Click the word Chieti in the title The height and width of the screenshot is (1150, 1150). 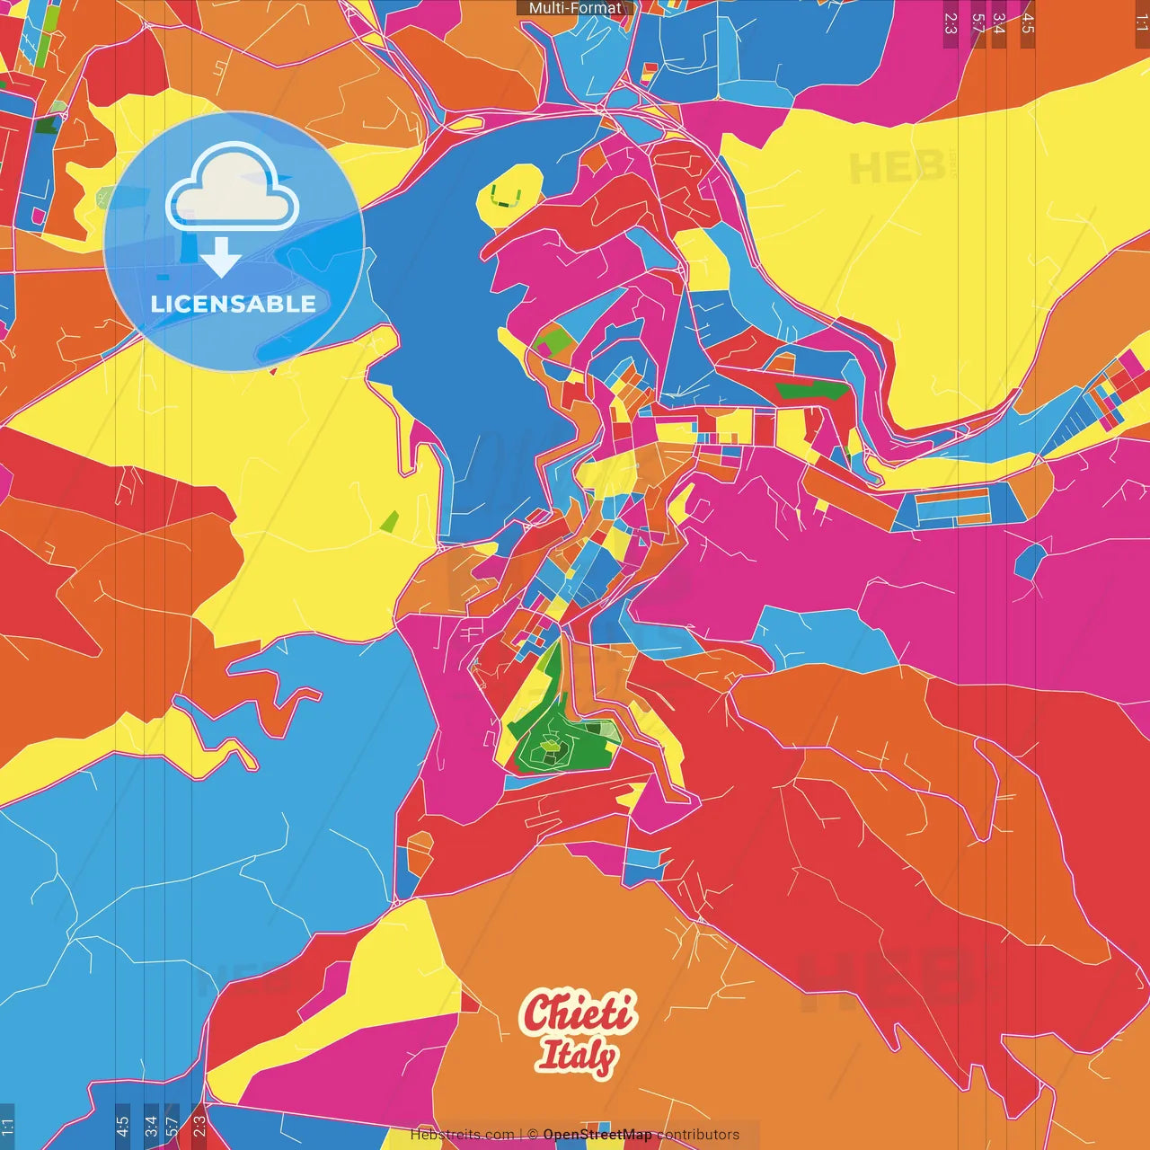(x=579, y=1013)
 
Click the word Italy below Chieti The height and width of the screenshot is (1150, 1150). (x=577, y=1057)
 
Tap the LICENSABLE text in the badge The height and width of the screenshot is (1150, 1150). (x=234, y=304)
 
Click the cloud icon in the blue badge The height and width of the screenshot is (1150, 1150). (x=232, y=190)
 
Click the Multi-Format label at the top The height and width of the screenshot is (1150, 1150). (x=575, y=8)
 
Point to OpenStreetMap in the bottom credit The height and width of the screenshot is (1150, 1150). (x=597, y=1135)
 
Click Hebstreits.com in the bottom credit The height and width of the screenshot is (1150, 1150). (x=463, y=1135)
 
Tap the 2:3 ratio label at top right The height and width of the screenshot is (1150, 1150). (x=951, y=23)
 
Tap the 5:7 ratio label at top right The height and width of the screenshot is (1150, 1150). (x=977, y=23)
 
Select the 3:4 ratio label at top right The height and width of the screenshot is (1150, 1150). (x=999, y=23)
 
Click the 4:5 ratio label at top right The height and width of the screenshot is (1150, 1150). (x=1027, y=23)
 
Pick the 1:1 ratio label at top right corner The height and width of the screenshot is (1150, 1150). (x=1141, y=23)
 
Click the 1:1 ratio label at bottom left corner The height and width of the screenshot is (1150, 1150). (x=7, y=1125)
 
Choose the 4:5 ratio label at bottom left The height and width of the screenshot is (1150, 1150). (x=122, y=1125)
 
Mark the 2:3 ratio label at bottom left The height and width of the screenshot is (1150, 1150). (x=199, y=1125)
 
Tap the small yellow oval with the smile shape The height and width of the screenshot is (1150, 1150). (x=509, y=194)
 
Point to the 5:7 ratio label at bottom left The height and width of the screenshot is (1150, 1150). (x=172, y=1125)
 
